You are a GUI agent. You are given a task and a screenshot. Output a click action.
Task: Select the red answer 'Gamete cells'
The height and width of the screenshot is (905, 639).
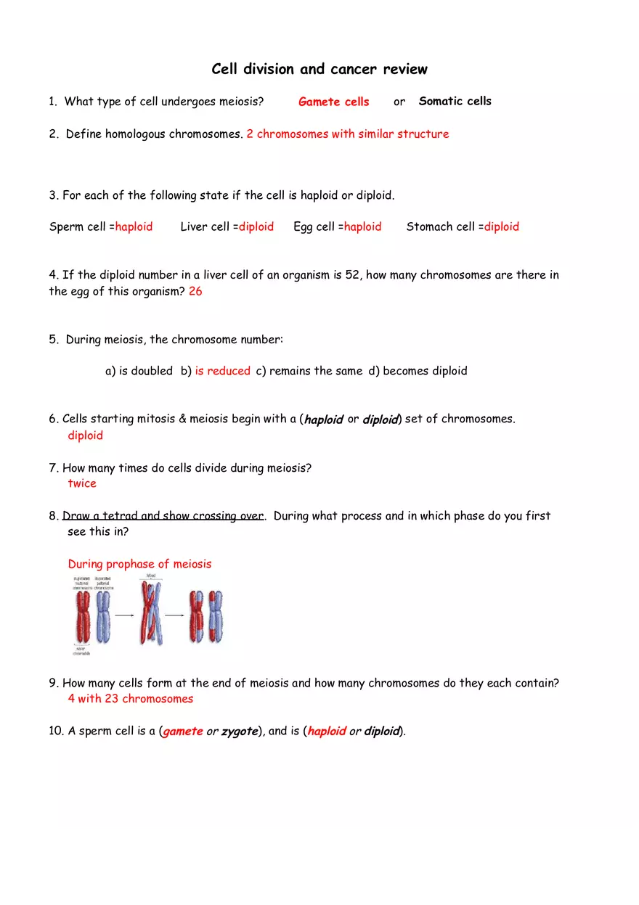[333, 102]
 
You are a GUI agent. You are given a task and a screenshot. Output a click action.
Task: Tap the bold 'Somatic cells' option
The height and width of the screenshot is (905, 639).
[455, 101]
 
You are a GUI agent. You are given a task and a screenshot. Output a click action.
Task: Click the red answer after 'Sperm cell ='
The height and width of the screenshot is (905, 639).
[134, 226]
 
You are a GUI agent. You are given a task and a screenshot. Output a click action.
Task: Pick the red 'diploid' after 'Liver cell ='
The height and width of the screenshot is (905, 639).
[256, 226]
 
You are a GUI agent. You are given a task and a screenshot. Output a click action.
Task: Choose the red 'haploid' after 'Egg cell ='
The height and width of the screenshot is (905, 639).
[362, 226]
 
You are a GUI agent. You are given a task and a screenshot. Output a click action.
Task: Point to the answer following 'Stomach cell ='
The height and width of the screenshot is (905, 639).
[502, 226]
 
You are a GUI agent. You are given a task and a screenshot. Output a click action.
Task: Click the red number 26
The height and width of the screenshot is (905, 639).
[195, 291]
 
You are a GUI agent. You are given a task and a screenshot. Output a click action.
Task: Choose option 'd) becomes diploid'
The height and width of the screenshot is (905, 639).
[418, 371]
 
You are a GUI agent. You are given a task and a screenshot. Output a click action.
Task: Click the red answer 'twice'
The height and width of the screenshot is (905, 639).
[82, 483]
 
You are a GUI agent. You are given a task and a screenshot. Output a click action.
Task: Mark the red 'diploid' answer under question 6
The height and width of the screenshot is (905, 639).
[86, 435]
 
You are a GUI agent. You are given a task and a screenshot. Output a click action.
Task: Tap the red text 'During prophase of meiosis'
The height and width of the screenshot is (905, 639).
[139, 564]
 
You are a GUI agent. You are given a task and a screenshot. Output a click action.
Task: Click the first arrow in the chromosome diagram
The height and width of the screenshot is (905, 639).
[126, 615]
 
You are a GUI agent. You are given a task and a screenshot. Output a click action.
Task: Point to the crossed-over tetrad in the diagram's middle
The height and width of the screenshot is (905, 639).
[150, 615]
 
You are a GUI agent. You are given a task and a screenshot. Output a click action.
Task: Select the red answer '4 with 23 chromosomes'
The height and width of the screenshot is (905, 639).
[131, 698]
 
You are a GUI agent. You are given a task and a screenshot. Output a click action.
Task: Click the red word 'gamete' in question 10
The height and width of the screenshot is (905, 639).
[183, 731]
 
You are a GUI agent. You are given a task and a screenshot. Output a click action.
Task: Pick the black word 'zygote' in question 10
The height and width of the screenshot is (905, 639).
[240, 731]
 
